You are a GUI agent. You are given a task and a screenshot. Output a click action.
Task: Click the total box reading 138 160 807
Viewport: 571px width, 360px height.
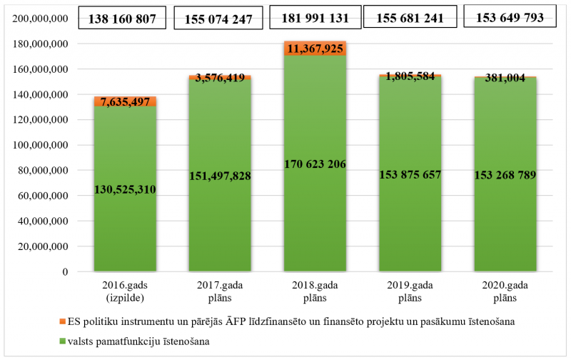pos(123,19)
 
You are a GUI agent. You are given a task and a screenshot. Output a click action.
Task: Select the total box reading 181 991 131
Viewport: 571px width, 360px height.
pos(315,17)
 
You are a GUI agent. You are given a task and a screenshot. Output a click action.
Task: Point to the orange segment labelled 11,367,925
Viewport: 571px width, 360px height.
pos(315,48)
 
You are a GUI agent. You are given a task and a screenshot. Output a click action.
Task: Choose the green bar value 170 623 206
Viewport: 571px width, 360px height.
pos(315,164)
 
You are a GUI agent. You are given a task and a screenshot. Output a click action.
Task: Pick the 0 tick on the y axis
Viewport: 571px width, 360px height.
pos(65,271)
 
